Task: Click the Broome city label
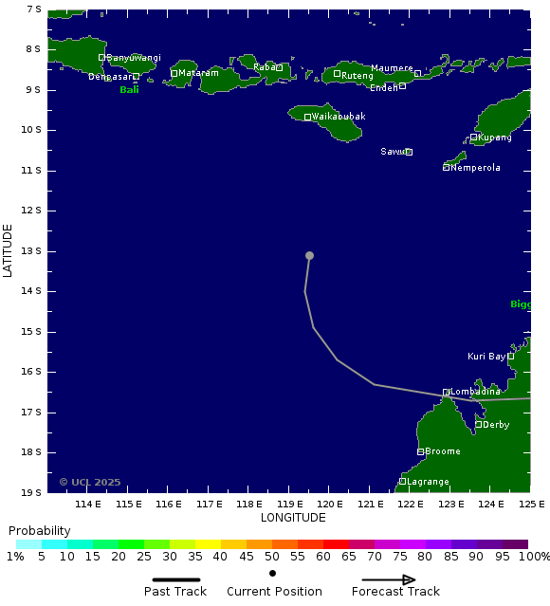[443, 451]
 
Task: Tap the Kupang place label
[494, 138]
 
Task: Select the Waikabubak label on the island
[339, 117]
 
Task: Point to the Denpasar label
[109, 77]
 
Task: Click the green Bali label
[129, 90]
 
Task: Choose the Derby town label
[496, 425]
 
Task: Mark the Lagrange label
[428, 482]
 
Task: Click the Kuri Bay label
[486, 357]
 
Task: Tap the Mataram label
[198, 73]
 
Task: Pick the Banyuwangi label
[134, 58]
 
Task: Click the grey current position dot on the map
[309, 255]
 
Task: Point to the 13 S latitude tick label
[33, 251]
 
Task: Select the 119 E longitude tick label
[289, 504]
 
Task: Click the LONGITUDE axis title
[293, 518]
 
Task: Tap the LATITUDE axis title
[9, 250]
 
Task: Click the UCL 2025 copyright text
[90, 482]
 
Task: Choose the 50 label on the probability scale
[272, 557]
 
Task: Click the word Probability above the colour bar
[39, 530]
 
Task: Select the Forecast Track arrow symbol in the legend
[395, 579]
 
